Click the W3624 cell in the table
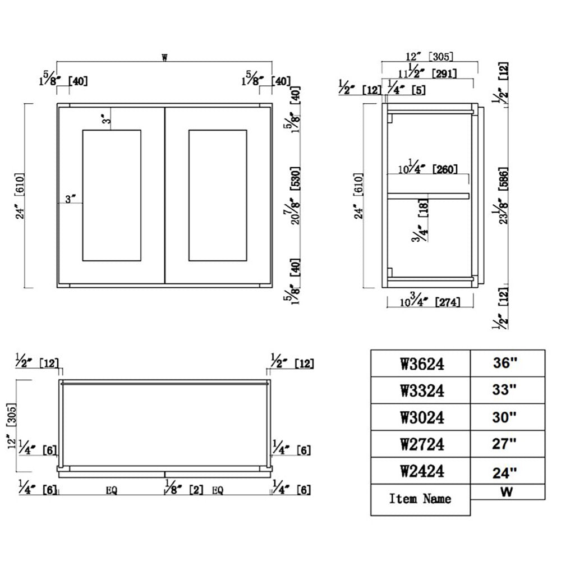(420, 364)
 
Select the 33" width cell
(507, 390)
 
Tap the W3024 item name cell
(420, 417)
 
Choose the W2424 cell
(420, 471)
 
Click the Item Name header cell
(420, 499)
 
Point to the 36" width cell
(507, 364)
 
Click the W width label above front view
(164, 57)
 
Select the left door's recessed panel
(112, 195)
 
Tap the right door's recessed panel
(218, 195)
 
